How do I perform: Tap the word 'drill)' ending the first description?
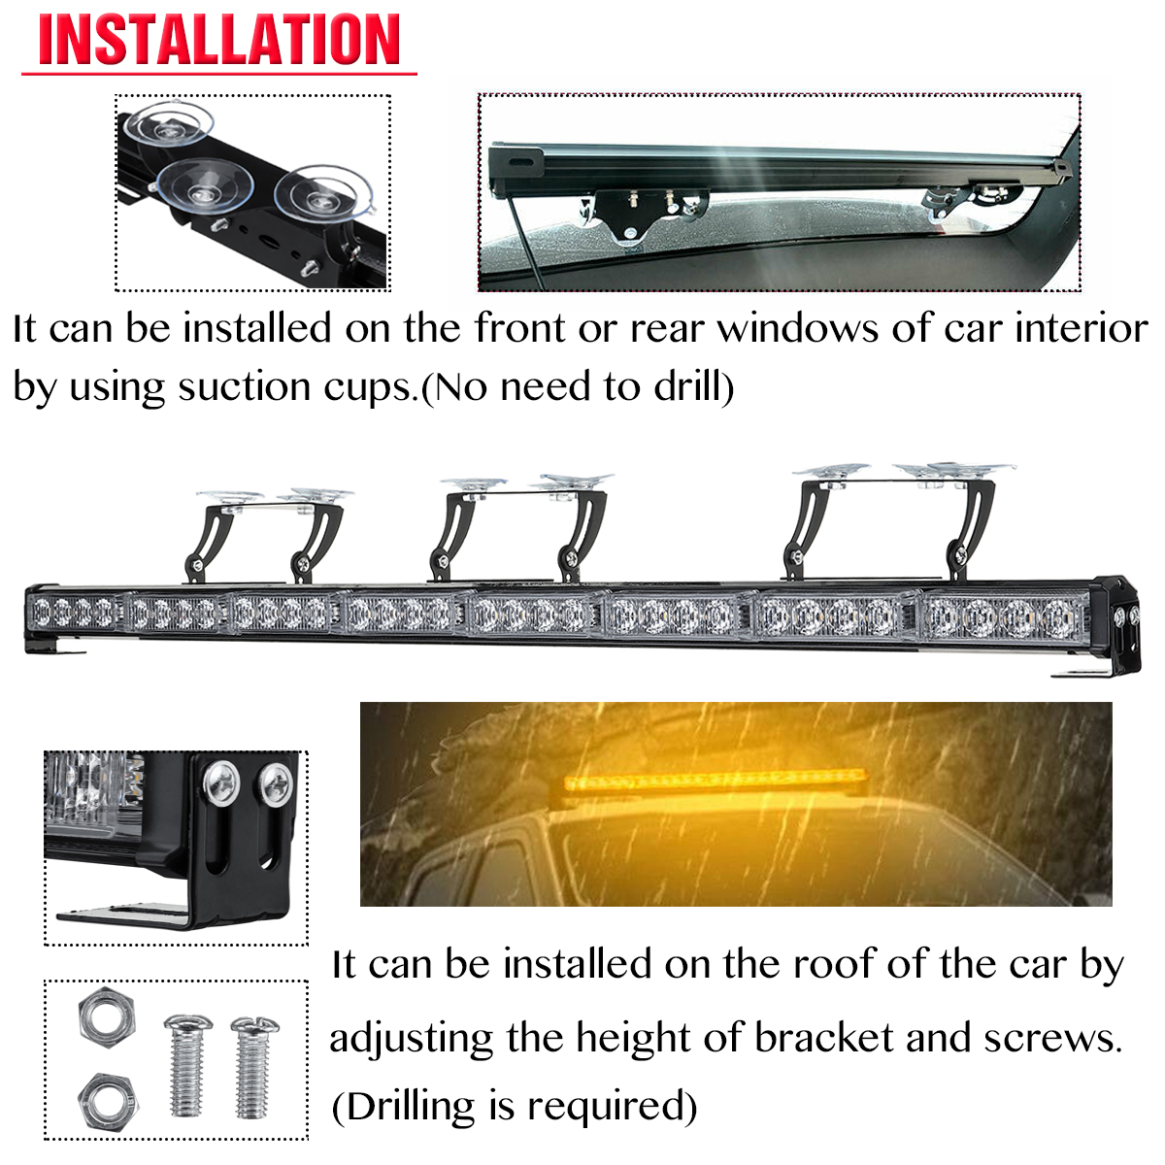(x=693, y=387)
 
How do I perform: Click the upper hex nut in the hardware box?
(x=105, y=1018)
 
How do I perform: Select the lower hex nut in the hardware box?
(x=107, y=1096)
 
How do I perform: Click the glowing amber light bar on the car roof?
(x=716, y=779)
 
